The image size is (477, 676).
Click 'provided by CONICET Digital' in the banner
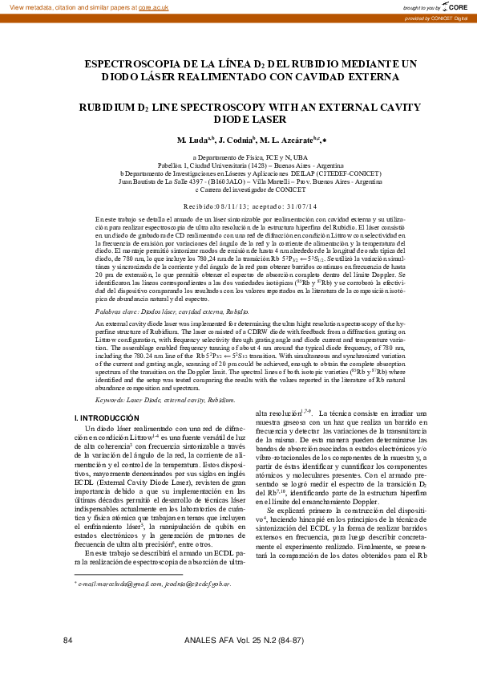click(436, 18)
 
